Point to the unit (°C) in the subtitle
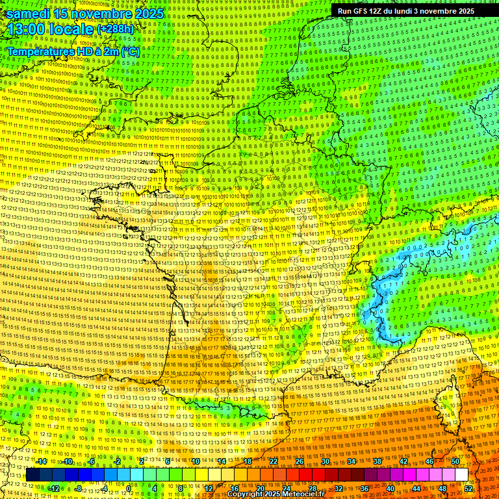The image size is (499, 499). coord(130,51)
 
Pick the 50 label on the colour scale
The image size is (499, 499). coord(455,461)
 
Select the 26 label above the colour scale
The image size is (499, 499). coord(300,461)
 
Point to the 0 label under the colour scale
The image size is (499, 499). coord(129,488)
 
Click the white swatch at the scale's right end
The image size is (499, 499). coord(461,475)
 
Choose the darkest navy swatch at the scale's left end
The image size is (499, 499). coord(32,475)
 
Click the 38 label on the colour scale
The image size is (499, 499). coord(377,461)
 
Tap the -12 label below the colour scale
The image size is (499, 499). coord(54,488)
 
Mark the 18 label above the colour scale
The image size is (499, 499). coord(248,461)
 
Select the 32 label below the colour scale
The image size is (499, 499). coord(338,488)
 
